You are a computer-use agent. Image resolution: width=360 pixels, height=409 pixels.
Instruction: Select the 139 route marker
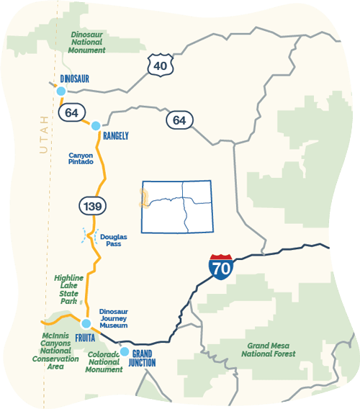pyautogui.click(x=93, y=207)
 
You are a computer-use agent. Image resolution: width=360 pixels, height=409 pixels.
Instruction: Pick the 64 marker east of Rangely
pyautogui.click(x=179, y=120)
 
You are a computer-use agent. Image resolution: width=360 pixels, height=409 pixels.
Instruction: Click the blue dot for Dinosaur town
pyautogui.click(x=61, y=91)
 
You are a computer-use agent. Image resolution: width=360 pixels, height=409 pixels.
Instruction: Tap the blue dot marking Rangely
pyautogui.click(x=96, y=126)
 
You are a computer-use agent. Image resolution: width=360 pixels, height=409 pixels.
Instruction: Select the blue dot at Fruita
pyautogui.click(x=85, y=323)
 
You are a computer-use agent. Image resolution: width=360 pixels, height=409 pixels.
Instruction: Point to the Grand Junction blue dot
pyautogui.click(x=125, y=351)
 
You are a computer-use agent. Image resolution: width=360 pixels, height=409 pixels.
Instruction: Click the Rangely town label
pyautogui.click(x=115, y=135)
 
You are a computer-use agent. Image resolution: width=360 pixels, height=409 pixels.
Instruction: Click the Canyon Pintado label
pyautogui.click(x=81, y=158)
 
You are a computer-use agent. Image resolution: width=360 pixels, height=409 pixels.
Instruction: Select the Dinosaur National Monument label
pyautogui.click(x=87, y=42)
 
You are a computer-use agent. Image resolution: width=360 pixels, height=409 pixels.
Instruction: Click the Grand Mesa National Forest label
pyautogui.click(x=268, y=349)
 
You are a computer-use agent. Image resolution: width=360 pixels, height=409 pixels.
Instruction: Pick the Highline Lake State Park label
pyautogui.click(x=68, y=289)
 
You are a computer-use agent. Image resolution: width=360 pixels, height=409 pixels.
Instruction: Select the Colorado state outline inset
pyautogui.click(x=177, y=207)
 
